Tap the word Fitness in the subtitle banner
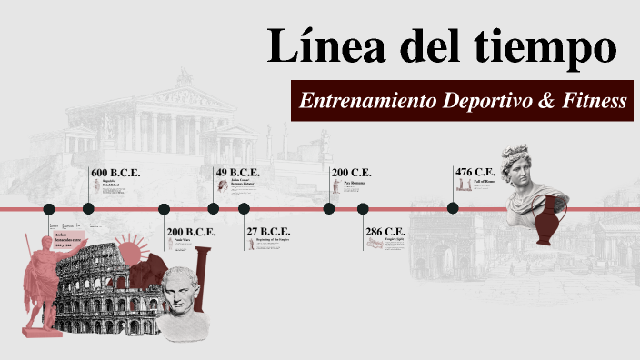[595, 102]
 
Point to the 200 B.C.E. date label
[191, 232]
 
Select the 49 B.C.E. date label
[237, 173]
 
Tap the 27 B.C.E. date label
[268, 232]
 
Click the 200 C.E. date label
[352, 173]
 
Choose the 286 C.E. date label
[385, 232]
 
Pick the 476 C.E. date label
[475, 173]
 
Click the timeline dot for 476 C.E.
[453, 208]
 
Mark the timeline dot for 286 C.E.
[363, 208]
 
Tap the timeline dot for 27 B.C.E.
[244, 208]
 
